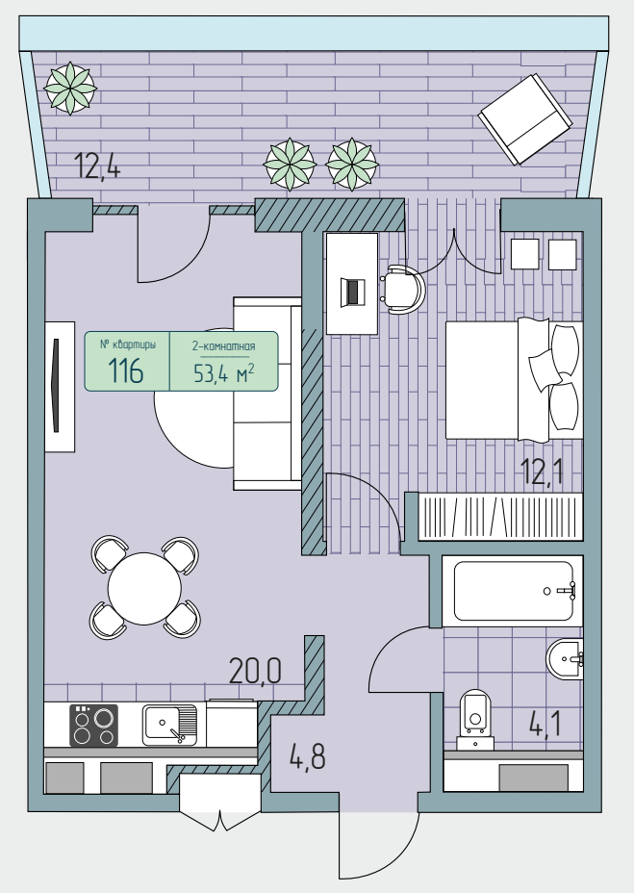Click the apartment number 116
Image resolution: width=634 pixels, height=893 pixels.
126,371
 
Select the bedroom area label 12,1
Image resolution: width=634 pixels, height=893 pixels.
542,472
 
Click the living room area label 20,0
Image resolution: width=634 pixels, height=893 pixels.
255,671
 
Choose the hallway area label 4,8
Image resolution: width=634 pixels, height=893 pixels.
308,757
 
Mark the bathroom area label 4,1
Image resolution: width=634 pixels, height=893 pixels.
545,725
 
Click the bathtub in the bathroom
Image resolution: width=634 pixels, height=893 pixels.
513,591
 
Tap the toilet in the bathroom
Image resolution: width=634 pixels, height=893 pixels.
475,719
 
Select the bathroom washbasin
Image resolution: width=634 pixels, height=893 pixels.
565,659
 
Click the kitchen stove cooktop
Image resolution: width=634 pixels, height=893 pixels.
93,725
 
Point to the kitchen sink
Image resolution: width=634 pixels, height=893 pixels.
169,725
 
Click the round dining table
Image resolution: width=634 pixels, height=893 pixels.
144,588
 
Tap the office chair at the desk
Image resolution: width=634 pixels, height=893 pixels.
403,289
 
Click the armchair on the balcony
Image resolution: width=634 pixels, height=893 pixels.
524,119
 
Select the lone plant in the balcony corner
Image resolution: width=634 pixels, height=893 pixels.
70,89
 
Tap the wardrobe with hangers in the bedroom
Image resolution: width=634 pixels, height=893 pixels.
500,517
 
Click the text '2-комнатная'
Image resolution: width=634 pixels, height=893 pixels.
223,346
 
